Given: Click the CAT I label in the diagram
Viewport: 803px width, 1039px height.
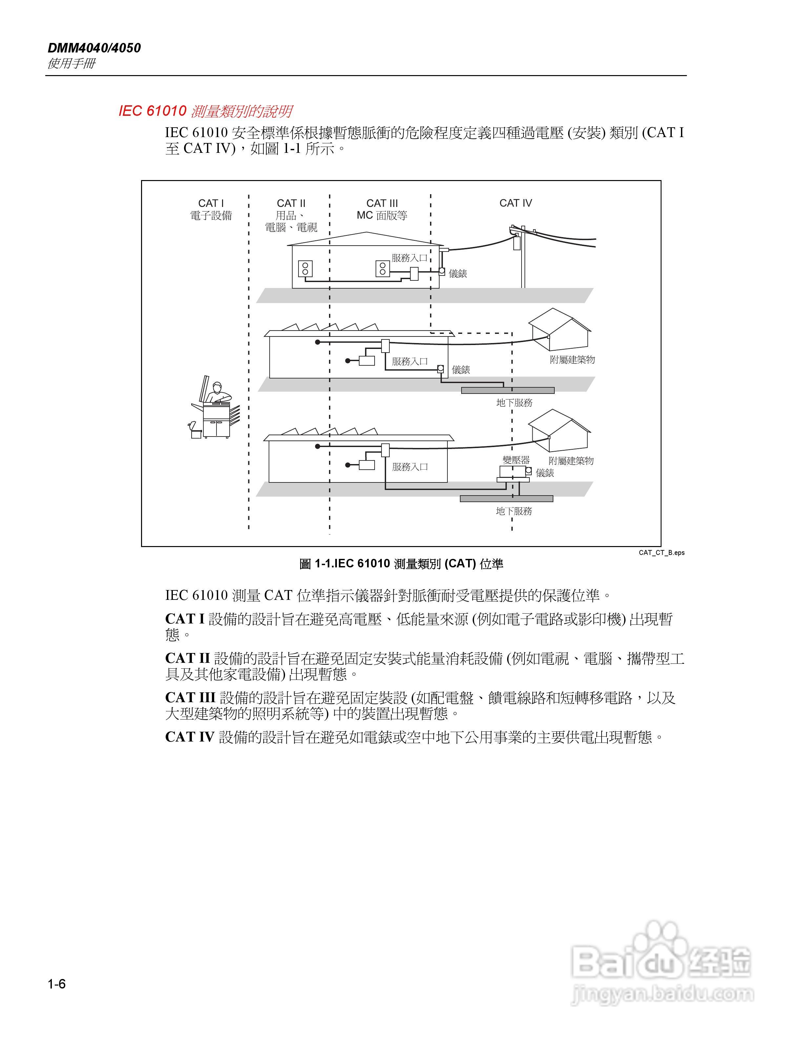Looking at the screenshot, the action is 211,203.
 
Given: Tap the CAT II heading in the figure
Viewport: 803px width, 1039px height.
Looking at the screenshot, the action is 291,203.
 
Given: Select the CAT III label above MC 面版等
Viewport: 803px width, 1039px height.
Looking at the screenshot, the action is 382,203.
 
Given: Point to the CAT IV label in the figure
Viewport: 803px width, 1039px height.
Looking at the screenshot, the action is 516,203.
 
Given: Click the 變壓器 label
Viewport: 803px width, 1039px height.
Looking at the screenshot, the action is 516,460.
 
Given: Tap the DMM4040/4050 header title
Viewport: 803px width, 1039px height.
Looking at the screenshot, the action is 94,48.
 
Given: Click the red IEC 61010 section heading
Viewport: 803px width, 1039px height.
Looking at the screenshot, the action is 205,111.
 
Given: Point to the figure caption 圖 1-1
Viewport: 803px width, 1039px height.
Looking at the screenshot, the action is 401,564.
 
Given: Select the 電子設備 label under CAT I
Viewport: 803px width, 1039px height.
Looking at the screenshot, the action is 211,215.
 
